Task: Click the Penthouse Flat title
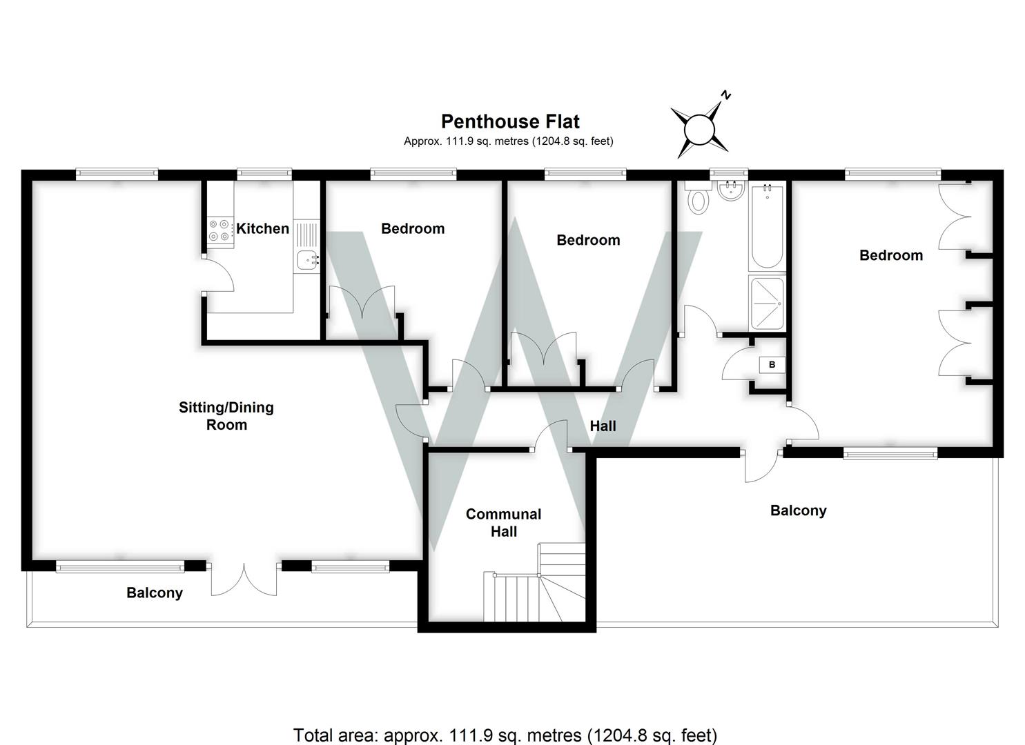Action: coord(510,122)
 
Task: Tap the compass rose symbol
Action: coord(699,129)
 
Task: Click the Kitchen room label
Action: coord(262,228)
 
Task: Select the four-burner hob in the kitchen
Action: coord(219,230)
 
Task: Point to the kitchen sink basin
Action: coord(306,260)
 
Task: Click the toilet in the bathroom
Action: coord(699,200)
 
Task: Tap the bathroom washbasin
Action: coord(730,190)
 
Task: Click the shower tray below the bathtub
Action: coord(766,303)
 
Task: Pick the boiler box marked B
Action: coord(772,364)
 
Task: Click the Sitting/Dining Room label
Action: coord(226,416)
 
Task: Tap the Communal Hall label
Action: coord(503,522)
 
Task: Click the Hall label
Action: coord(603,426)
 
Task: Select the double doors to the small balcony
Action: coord(244,579)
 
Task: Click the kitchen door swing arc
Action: coord(221,275)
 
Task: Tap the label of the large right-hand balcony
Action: coord(798,510)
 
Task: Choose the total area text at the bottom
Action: coord(505,735)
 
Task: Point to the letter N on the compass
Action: coord(725,96)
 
